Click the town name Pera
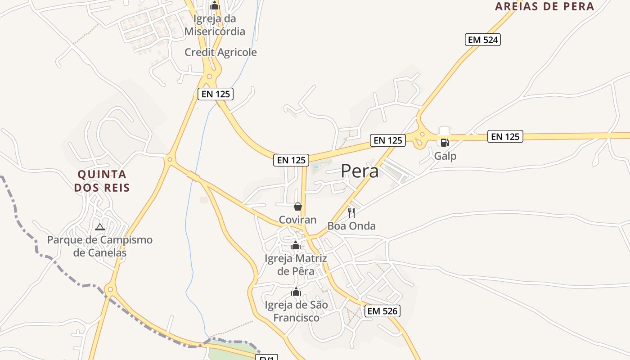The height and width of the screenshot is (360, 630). point(359,171)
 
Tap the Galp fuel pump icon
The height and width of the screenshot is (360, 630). point(445,143)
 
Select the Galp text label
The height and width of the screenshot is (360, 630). point(445,156)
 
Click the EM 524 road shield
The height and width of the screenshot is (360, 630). point(483,40)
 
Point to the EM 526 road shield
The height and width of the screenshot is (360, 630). point(382,311)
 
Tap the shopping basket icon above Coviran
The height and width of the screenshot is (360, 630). point(297,207)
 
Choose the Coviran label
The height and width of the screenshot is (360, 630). point(297,220)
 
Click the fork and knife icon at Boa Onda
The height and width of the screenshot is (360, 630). point(351,212)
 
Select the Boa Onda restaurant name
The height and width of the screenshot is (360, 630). point(351,226)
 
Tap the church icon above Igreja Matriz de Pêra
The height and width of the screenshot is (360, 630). point(296,245)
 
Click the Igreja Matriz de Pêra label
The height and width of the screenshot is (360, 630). point(296,265)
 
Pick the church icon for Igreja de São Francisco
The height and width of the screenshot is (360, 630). point(296,292)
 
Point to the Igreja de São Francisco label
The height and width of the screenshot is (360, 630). point(297,311)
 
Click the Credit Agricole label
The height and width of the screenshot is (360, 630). point(220,52)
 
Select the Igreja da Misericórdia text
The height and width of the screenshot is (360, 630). point(215,25)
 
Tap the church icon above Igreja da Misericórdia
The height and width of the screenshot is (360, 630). point(215,5)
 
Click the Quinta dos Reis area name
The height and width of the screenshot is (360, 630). point(102,181)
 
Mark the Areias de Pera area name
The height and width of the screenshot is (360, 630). point(544,6)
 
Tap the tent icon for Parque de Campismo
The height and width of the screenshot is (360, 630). point(100,227)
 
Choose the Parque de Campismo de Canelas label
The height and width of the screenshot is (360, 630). point(100,246)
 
